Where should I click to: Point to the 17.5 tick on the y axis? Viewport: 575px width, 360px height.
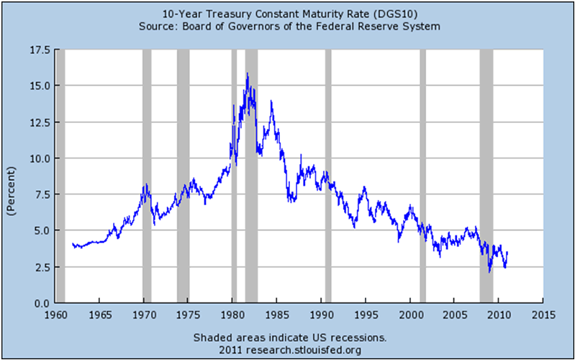click(x=39, y=50)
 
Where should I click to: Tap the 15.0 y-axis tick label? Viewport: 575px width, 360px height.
click(x=39, y=86)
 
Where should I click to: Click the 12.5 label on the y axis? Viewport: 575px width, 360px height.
click(x=39, y=122)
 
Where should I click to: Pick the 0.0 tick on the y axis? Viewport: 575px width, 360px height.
click(x=42, y=303)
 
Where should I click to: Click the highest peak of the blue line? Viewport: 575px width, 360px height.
click(x=248, y=73)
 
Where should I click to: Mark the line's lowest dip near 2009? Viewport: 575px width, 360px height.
click(x=489, y=271)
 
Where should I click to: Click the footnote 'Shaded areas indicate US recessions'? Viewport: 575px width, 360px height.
click(x=290, y=338)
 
